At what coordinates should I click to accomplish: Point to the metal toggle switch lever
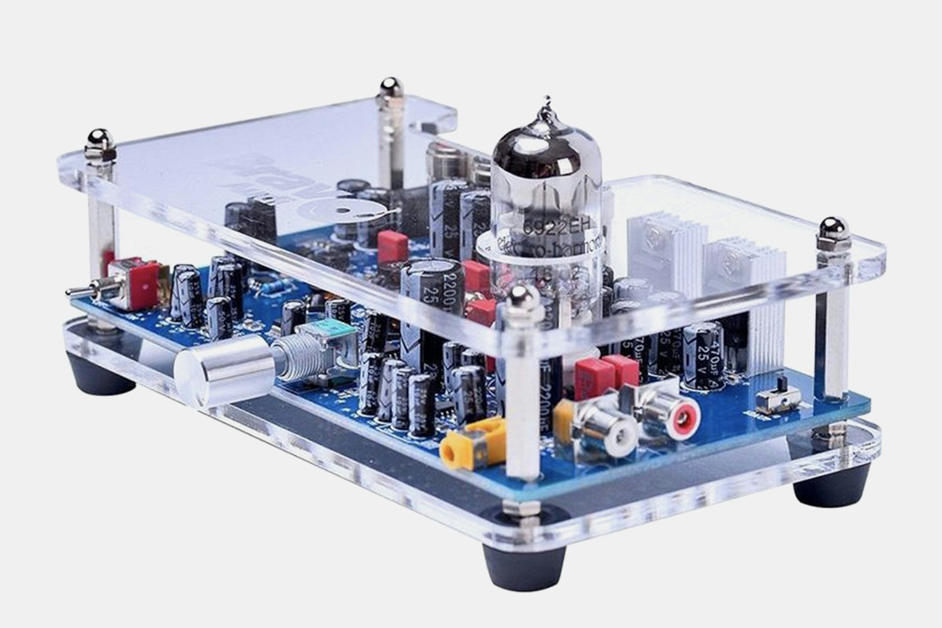[x=82, y=292]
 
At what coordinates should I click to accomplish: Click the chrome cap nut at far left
[x=100, y=139]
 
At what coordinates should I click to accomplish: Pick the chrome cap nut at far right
[x=833, y=229]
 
